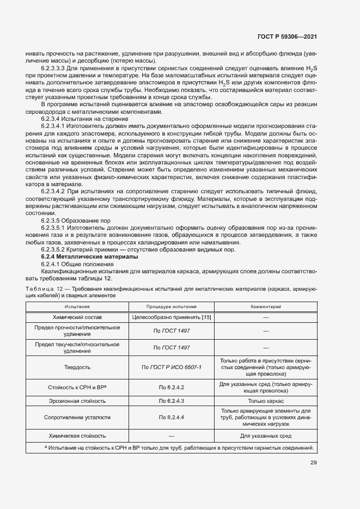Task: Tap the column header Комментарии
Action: tap(265, 306)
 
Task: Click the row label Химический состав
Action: tap(77, 316)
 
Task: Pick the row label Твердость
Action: tap(77, 367)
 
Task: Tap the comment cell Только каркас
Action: tap(265, 401)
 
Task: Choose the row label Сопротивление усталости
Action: tap(77, 417)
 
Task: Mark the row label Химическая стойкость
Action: tap(77, 436)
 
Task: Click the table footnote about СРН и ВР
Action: tap(179, 447)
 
